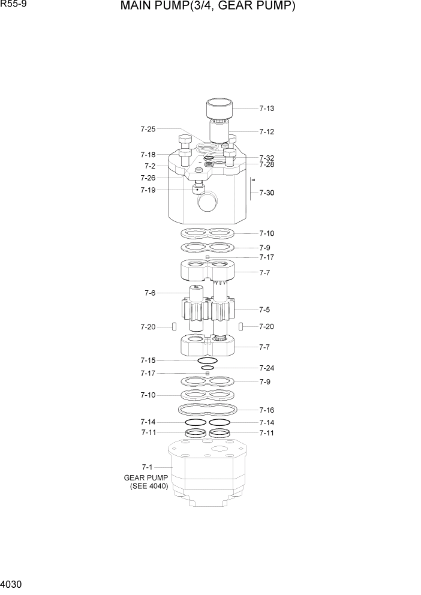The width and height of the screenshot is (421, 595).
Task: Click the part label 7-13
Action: tap(267, 109)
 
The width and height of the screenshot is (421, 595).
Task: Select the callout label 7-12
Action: tap(267, 131)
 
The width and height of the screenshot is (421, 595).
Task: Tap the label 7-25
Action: tap(148, 129)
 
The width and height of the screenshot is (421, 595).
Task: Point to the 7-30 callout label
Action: tap(267, 193)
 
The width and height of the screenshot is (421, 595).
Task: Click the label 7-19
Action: tap(148, 190)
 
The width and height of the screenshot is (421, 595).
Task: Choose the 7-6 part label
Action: tap(150, 293)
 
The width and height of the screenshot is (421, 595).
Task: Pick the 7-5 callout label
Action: tap(264, 309)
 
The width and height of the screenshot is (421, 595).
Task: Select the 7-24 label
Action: tap(267, 368)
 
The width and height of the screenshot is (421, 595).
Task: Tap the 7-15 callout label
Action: tap(148, 360)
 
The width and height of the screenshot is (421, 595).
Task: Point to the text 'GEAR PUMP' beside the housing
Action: tap(146, 477)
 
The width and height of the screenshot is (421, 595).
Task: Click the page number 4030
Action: tap(13, 583)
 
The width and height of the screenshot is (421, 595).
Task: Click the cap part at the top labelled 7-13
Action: tap(219, 109)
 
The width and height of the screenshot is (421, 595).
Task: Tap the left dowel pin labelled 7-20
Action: tap(173, 327)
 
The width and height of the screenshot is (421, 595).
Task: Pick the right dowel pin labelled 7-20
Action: tap(240, 327)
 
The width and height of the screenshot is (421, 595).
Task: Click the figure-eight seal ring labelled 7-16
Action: tap(208, 410)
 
